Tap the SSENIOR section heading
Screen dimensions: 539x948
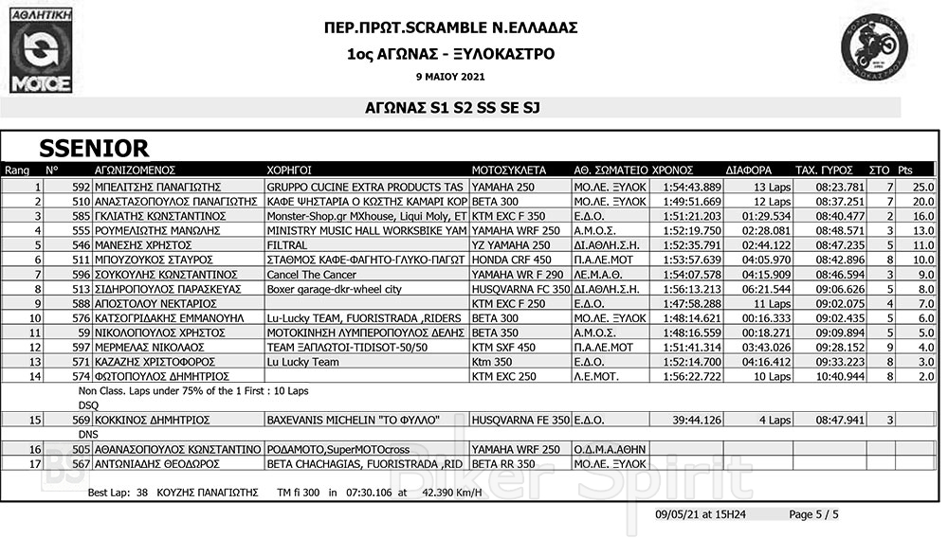[94, 149]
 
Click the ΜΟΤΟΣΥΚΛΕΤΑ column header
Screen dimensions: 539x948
[508, 171]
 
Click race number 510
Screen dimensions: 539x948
[80, 202]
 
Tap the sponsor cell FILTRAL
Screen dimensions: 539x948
[286, 244]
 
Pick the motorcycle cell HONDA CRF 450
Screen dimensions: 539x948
[512, 259]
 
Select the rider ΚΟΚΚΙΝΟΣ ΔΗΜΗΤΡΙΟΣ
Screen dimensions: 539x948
[152, 420]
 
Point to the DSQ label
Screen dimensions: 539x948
[87, 404]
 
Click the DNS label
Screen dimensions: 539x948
[87, 434]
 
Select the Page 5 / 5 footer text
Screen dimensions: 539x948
[813, 514]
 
